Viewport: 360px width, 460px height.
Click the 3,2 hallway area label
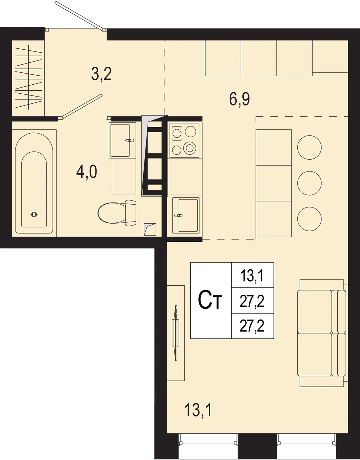[x=101, y=74]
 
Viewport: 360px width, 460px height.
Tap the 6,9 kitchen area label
[x=239, y=99]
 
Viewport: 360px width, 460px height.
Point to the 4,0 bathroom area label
[x=87, y=172]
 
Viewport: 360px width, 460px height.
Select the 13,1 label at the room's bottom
[x=198, y=410]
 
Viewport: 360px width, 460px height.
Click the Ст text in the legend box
[x=210, y=301]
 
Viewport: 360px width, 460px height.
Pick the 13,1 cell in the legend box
[x=253, y=276]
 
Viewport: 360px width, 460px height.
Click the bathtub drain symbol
[x=34, y=214]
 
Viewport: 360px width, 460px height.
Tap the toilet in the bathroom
[x=117, y=212]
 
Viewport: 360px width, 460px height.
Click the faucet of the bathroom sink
[x=130, y=140]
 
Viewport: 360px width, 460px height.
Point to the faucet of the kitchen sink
[x=179, y=215]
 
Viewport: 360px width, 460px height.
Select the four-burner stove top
[x=184, y=140]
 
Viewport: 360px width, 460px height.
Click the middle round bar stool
[x=310, y=183]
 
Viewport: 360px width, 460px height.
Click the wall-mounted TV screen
[x=175, y=333]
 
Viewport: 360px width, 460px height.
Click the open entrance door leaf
[x=79, y=15]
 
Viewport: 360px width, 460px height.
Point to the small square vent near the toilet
[x=150, y=229]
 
